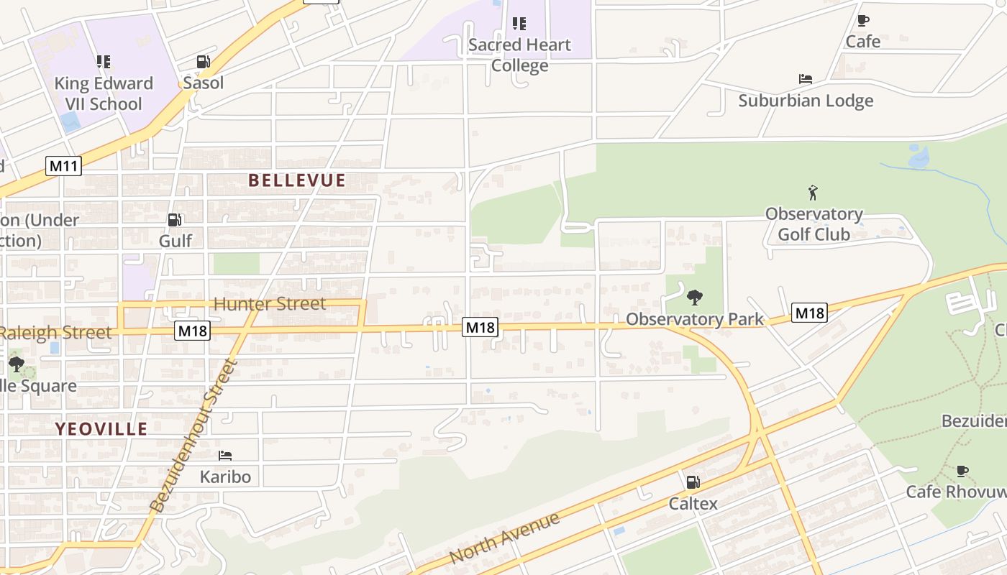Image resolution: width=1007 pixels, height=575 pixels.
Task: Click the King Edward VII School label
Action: (x=104, y=93)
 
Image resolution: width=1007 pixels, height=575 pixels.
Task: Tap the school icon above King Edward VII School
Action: (x=104, y=62)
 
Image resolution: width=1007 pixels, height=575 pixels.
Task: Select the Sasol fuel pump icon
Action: (x=204, y=63)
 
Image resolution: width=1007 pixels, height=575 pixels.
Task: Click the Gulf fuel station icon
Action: (x=175, y=220)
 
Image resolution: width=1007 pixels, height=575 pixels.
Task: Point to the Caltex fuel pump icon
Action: (x=693, y=482)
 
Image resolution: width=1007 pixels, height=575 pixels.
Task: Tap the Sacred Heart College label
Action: (x=519, y=55)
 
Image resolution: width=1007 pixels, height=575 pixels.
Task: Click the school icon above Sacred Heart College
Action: (x=519, y=24)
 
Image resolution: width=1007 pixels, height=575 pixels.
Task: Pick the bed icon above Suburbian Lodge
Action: (x=806, y=79)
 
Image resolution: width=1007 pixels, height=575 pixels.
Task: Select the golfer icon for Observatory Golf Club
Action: (x=813, y=193)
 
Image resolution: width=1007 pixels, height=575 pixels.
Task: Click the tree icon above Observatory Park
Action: (x=695, y=297)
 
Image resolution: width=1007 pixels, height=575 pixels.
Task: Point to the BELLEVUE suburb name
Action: (x=297, y=180)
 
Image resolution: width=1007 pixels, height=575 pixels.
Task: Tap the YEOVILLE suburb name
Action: (x=101, y=429)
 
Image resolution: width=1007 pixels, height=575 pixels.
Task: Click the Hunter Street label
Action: (x=270, y=304)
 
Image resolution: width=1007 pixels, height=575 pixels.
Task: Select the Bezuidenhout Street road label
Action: (x=194, y=436)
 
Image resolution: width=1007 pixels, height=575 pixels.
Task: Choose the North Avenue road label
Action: (x=504, y=538)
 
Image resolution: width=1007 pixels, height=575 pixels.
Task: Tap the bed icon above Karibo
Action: (x=225, y=455)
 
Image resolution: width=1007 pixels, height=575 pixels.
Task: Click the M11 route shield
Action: (x=63, y=167)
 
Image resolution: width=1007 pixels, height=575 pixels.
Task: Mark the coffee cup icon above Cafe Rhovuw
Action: (x=962, y=471)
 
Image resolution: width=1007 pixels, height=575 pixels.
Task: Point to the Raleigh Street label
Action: (x=56, y=332)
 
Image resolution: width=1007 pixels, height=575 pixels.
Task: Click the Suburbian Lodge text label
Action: (x=806, y=101)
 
